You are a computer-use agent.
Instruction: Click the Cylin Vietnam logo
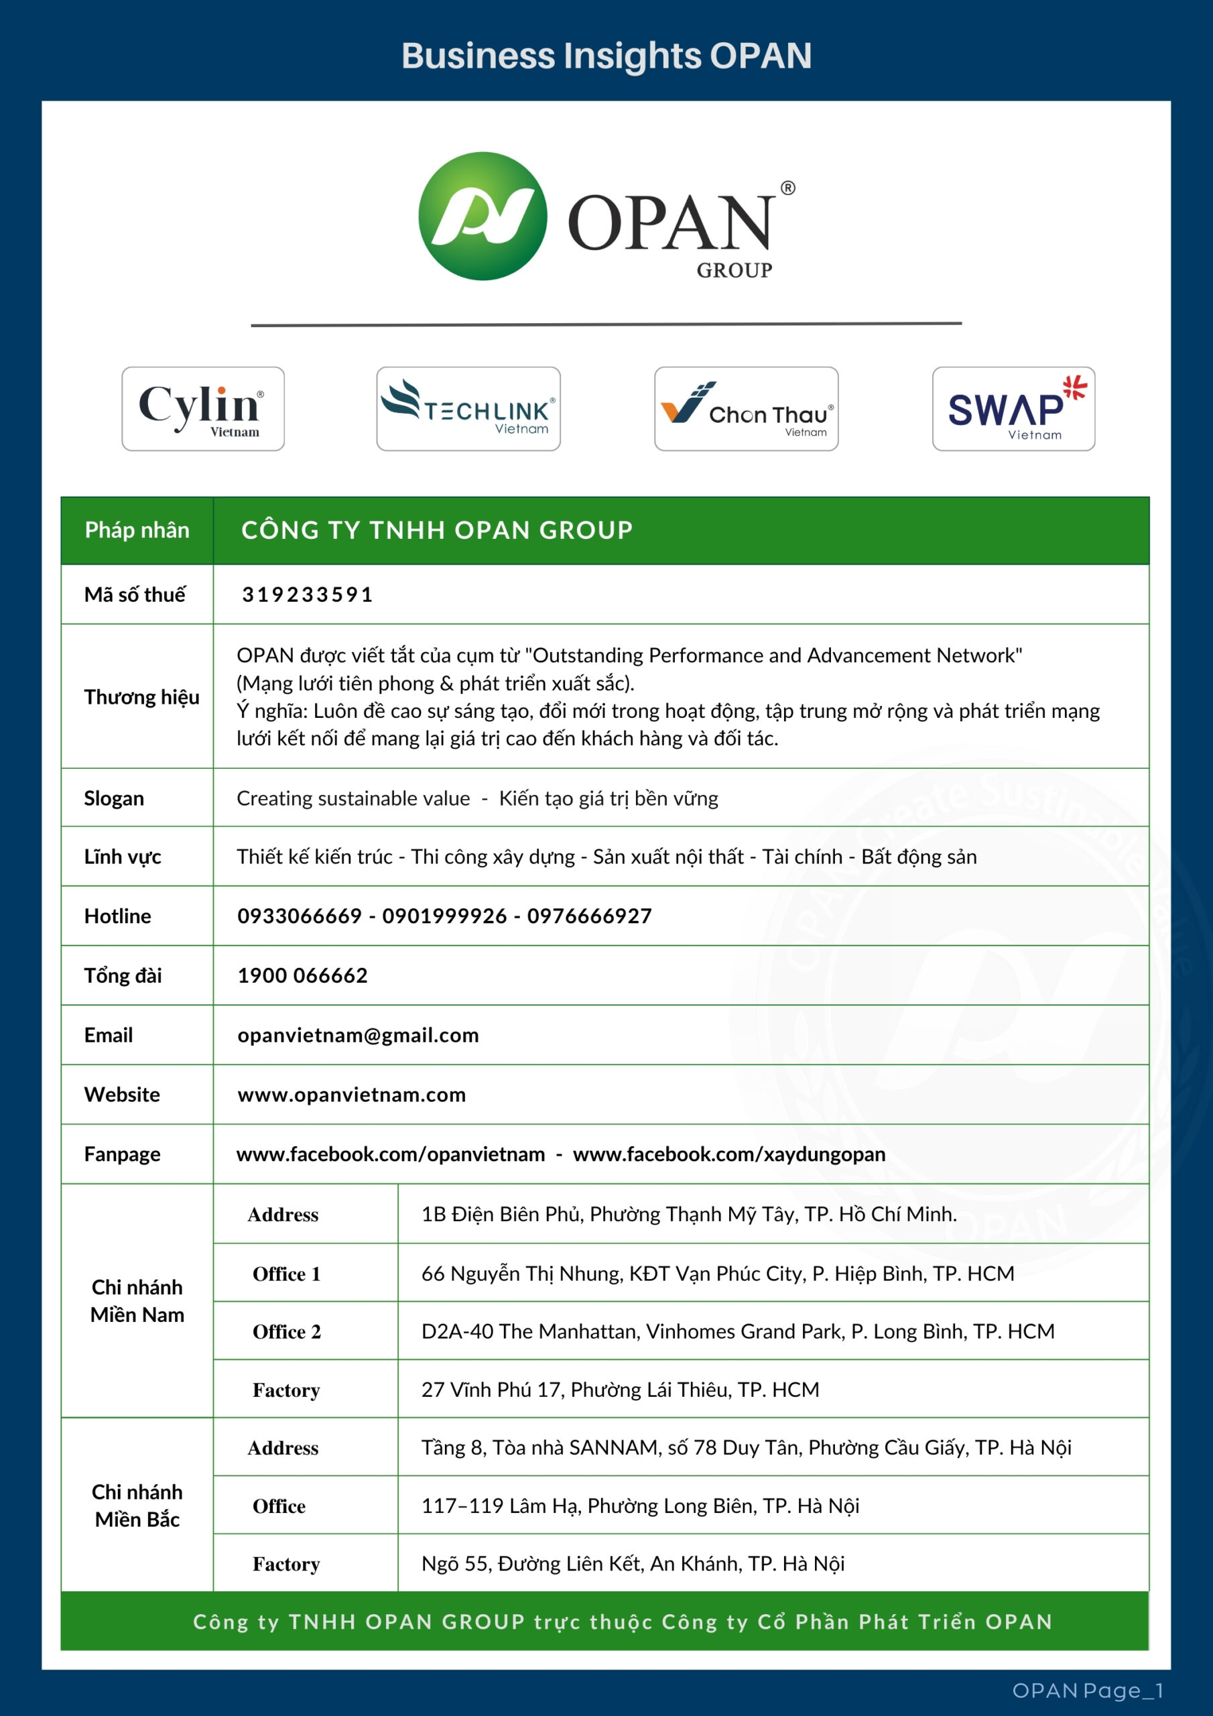coord(202,408)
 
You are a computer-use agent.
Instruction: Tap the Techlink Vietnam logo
coord(468,408)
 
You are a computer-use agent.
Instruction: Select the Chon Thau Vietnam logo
coord(746,408)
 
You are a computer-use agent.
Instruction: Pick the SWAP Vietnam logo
coord(1013,408)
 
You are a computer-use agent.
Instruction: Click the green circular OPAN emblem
coord(483,216)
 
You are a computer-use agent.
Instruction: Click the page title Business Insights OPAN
coord(606,56)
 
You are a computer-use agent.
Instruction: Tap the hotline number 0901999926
coord(445,916)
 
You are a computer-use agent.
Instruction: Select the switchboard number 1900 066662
coord(303,975)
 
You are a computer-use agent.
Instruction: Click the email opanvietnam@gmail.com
coord(358,1035)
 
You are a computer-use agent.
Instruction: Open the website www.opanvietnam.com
coord(351,1095)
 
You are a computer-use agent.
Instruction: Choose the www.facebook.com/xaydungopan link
coord(728,1154)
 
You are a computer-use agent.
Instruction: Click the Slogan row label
coord(114,798)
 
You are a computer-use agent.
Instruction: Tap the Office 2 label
coord(286,1331)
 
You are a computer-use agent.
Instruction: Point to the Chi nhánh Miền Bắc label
coord(137,1506)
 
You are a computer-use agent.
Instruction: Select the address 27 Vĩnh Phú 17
coord(620,1390)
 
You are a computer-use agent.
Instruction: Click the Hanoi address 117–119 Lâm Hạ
coord(640,1506)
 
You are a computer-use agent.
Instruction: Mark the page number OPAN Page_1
coord(1088,1691)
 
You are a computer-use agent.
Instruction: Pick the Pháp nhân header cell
coord(137,530)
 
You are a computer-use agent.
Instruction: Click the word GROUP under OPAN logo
coord(734,271)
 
